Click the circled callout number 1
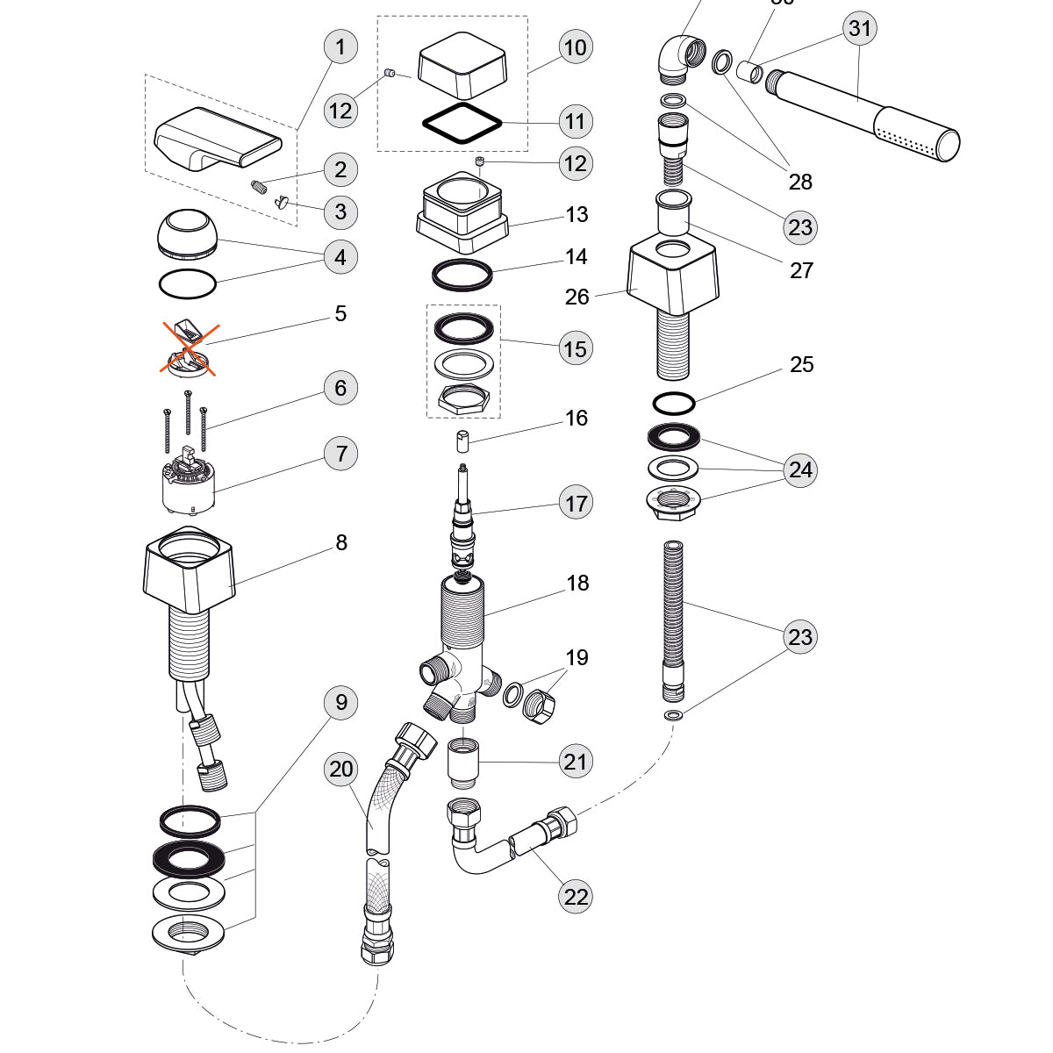(340, 47)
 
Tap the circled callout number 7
(340, 454)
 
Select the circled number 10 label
(575, 47)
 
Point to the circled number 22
(576, 896)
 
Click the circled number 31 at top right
(860, 28)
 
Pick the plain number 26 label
(577, 297)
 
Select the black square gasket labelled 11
(462, 122)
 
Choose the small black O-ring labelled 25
(674, 404)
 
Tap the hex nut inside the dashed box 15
(462, 399)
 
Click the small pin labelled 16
(463, 441)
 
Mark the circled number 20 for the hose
(340, 770)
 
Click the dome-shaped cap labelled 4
(189, 233)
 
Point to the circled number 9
(340, 702)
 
